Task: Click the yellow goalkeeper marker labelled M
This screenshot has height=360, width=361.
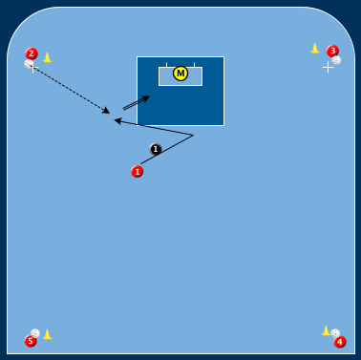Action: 180,74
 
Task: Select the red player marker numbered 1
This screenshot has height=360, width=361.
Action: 138,172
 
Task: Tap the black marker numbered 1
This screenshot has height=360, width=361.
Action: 156,149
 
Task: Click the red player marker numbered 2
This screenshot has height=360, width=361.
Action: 32,53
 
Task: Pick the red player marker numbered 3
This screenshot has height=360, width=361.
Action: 332,51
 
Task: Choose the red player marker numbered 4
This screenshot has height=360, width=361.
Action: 340,342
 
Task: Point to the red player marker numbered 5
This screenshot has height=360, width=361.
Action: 31,341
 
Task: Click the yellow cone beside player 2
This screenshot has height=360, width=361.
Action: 47,57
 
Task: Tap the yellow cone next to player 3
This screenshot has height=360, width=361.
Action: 315,48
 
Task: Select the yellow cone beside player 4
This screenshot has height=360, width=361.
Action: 326,330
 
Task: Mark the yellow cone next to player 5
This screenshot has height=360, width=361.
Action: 47,334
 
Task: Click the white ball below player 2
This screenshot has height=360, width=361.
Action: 29,64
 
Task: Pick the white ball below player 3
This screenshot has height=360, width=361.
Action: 336,60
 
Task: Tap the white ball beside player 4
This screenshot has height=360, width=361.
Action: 335,333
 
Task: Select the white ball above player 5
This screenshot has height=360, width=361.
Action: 35,333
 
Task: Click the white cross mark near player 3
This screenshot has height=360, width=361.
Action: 328,67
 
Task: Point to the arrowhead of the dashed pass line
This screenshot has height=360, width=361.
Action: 108,112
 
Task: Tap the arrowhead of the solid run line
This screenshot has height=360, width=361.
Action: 117,120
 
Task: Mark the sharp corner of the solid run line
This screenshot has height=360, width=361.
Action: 194,135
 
